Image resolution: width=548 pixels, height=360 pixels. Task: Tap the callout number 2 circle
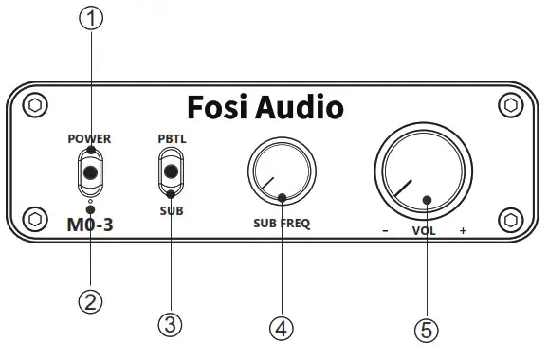pyautogui.click(x=90, y=302)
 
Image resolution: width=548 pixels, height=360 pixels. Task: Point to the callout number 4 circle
pyautogui.click(x=281, y=328)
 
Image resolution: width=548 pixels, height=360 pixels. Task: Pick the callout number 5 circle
pyautogui.click(x=428, y=330)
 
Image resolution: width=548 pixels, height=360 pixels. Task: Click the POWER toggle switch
pyautogui.click(x=90, y=173)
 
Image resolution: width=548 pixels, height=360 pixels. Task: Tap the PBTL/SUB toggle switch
pyautogui.click(x=172, y=173)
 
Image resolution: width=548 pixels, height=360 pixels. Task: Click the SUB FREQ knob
pyautogui.click(x=281, y=173)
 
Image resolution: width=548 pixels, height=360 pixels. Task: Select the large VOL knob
pyautogui.click(x=422, y=176)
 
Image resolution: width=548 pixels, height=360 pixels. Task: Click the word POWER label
pyautogui.click(x=89, y=138)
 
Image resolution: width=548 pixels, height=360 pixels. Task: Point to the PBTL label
pyautogui.click(x=172, y=138)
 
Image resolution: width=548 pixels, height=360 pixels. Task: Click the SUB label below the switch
pyautogui.click(x=172, y=211)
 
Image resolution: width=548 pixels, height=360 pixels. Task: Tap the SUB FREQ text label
pyautogui.click(x=282, y=225)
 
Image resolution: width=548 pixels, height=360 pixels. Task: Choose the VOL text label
pyautogui.click(x=423, y=231)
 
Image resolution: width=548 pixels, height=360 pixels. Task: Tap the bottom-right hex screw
pyautogui.click(x=513, y=219)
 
